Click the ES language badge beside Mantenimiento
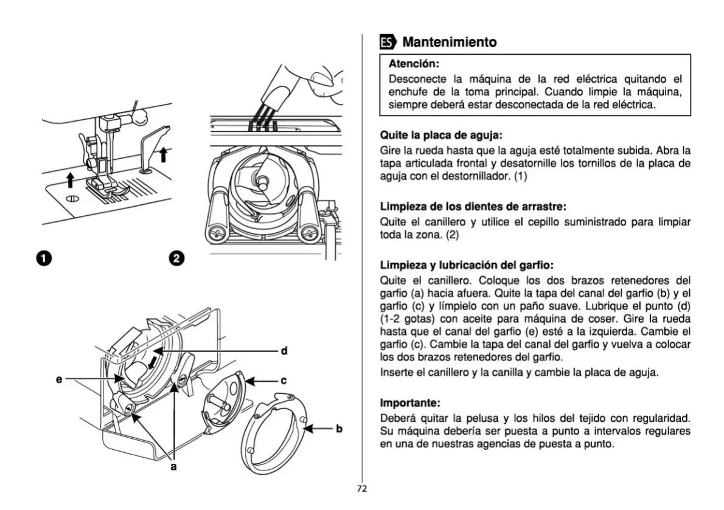(387, 43)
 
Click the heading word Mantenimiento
(450, 43)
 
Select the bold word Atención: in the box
(414, 63)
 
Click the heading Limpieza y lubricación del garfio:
(466, 266)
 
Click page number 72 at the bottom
(362, 488)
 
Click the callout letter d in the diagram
(284, 351)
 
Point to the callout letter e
(59, 379)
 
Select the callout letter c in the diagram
(284, 381)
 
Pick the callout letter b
(339, 429)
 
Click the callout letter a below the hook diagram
(173, 467)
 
